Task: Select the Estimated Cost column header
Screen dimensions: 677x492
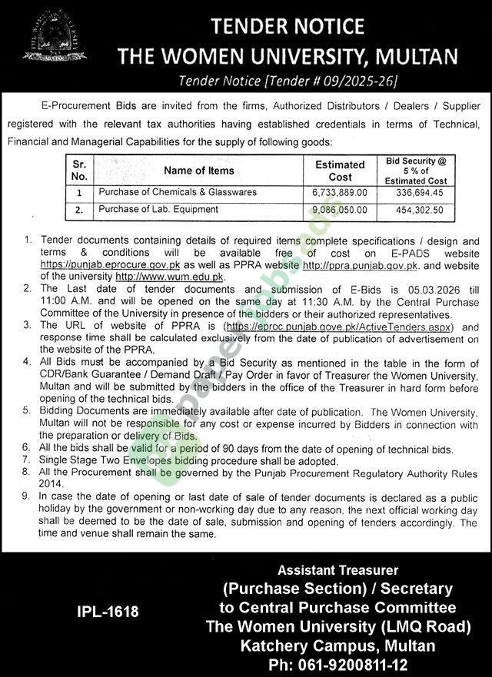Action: coord(340,170)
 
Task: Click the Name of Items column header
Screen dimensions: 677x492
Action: coord(198,171)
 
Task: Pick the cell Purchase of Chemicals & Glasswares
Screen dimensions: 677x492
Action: coord(177,192)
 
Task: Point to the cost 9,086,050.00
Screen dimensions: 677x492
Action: coord(341,208)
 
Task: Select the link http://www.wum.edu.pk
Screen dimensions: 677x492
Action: coord(169,275)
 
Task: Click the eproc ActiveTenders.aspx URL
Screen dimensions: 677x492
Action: coord(342,327)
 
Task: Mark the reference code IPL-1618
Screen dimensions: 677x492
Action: coord(108,612)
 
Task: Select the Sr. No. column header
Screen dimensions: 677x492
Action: coord(78,171)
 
